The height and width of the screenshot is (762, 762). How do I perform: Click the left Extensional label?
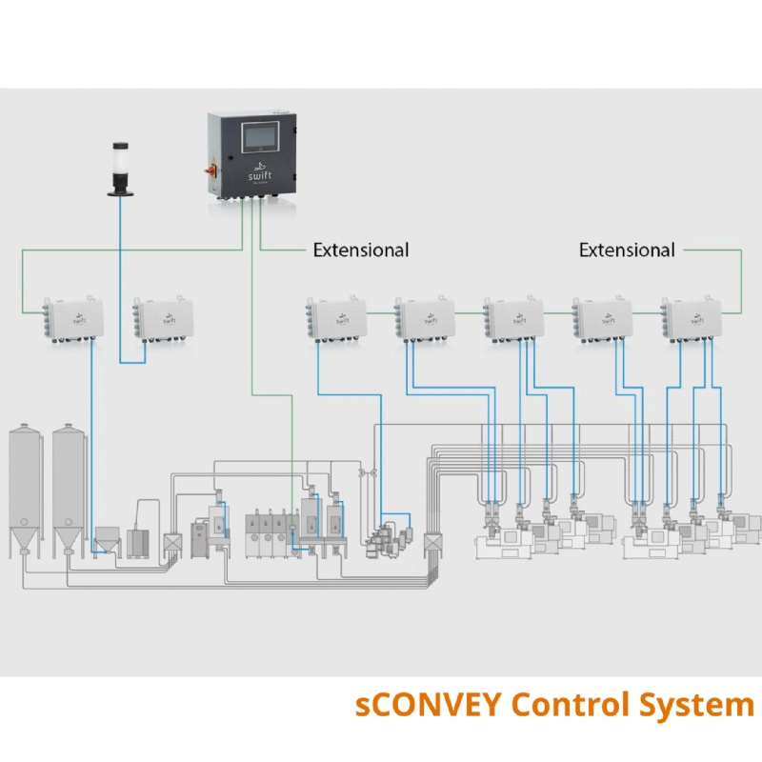click(361, 251)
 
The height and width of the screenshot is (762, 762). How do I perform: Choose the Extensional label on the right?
click(627, 251)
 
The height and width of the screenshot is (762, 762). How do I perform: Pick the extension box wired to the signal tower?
click(154, 316)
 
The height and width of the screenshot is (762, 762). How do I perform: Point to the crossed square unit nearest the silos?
click(173, 543)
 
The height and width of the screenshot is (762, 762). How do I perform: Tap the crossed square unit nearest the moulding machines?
click(432, 544)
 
